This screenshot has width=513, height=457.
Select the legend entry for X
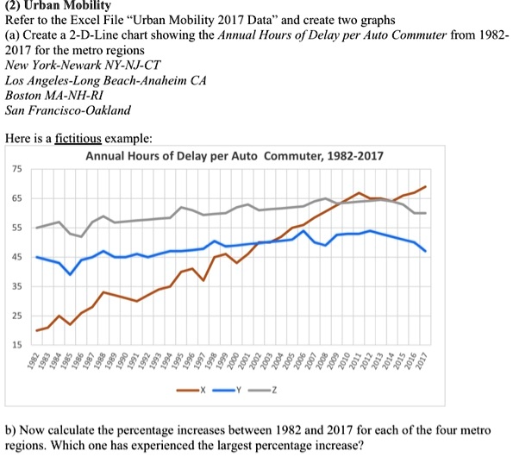click(x=194, y=390)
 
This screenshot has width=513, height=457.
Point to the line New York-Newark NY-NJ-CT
click(x=76, y=65)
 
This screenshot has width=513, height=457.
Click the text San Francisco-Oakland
click(x=68, y=110)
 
